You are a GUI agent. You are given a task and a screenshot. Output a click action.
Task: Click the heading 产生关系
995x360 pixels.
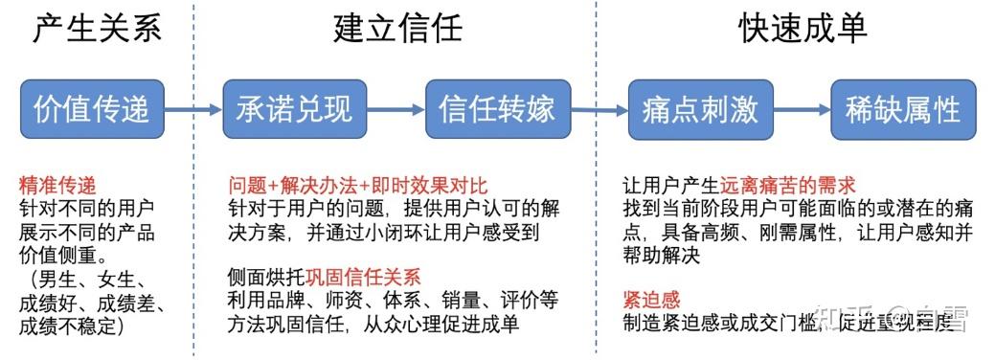(97, 28)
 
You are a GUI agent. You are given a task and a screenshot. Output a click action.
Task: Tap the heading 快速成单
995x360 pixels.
(803, 28)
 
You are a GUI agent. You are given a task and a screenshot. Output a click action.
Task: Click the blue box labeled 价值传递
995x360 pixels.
(93, 108)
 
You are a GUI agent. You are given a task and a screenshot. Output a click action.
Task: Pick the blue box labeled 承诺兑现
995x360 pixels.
(294, 108)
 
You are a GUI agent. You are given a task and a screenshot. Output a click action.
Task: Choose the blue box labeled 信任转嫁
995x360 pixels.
(497, 108)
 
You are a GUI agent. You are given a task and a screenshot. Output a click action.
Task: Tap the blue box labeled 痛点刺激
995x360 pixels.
(700, 108)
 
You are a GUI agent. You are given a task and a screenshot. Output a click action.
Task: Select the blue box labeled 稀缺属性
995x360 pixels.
(903, 108)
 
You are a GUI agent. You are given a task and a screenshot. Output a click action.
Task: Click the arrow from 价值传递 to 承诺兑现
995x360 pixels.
(193, 109)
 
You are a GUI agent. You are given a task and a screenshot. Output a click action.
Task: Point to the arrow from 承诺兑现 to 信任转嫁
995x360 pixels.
(396, 109)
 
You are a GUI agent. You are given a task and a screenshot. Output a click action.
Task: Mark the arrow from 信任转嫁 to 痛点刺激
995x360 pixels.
(599, 109)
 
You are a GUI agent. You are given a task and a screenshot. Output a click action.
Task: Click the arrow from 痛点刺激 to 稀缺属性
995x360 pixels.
(802, 109)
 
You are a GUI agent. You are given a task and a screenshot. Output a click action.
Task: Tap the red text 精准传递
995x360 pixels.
(57, 185)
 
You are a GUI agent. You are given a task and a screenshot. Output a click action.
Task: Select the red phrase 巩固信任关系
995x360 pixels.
(363, 278)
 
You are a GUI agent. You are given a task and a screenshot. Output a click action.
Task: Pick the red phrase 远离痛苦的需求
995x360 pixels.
(788, 185)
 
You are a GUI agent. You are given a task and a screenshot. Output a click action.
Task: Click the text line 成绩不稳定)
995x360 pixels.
(74, 326)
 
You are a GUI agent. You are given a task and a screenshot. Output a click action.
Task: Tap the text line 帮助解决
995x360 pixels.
(661, 255)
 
